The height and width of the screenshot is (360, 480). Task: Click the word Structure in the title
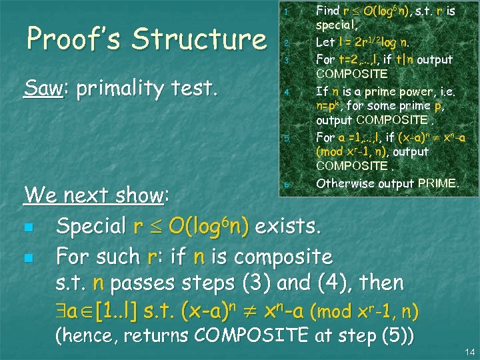(199, 39)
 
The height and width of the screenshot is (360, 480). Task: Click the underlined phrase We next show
(94, 195)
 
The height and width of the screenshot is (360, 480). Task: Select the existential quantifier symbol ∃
(61, 311)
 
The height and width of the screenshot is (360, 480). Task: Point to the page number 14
(467, 351)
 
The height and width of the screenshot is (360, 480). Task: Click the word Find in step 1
(328, 11)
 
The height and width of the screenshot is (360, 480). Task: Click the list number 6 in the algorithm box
(285, 184)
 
